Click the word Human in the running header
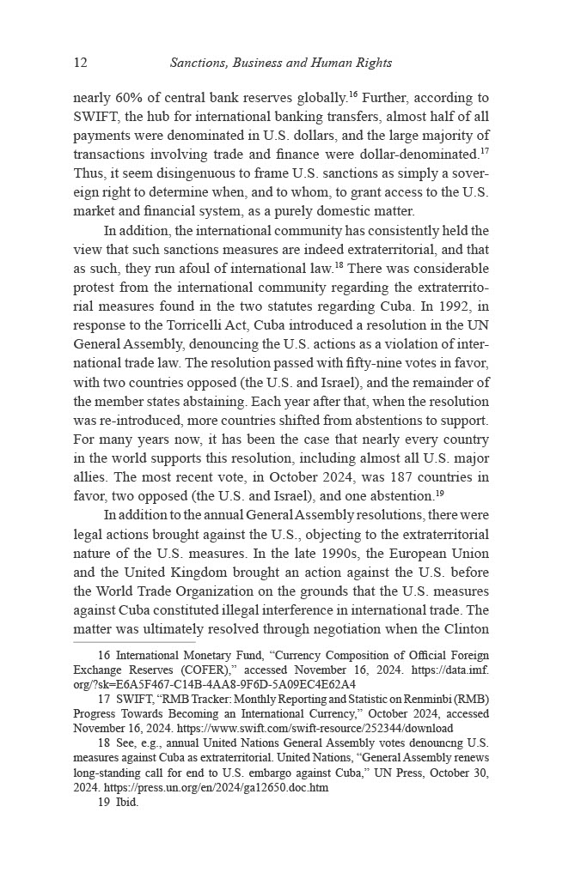325,63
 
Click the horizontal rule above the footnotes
134,642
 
